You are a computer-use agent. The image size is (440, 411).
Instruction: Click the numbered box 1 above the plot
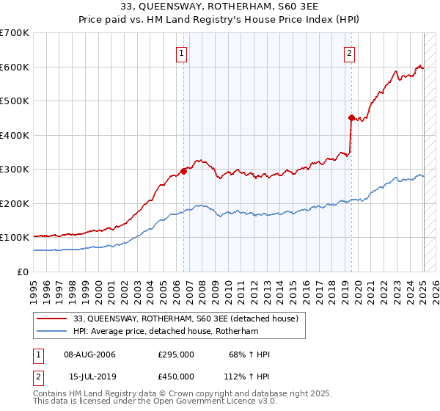(x=180, y=52)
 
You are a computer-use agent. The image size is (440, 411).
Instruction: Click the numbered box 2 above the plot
(x=350, y=52)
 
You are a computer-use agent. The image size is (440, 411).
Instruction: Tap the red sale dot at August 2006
(x=183, y=171)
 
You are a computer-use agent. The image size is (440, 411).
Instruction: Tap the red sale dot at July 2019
(x=351, y=117)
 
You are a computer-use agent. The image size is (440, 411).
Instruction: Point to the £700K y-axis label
(x=15, y=33)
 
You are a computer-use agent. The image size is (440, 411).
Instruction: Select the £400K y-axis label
(x=15, y=135)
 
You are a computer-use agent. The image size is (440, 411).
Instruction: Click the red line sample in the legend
(x=52, y=319)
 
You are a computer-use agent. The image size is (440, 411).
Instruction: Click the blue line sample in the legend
(x=52, y=332)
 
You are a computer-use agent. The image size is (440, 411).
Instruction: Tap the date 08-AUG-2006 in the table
(x=90, y=355)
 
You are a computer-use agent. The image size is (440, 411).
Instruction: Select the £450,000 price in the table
(x=176, y=376)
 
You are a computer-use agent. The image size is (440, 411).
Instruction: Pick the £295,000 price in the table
(x=176, y=355)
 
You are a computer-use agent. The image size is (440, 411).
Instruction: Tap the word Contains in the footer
(x=49, y=394)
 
